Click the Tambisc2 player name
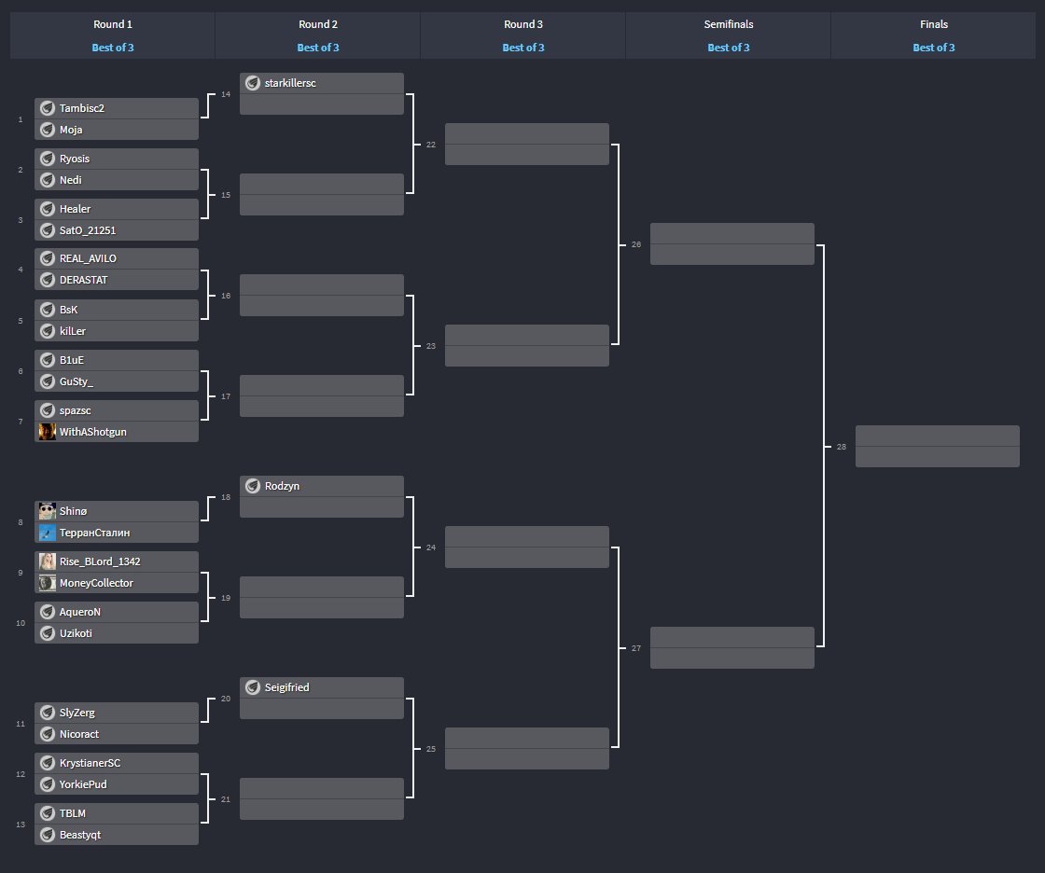[82, 108]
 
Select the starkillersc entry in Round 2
[290, 83]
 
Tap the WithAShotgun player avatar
[48, 432]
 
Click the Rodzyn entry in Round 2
[282, 486]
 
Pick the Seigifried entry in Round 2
[286, 687]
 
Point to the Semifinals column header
[729, 24]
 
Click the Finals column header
[934, 24]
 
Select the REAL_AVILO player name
[88, 258]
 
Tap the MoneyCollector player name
[96, 583]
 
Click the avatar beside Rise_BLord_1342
[48, 561]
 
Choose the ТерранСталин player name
[94, 533]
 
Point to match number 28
[842, 448]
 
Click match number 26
[636, 244]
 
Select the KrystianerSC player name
[90, 763]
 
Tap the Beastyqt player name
[80, 835]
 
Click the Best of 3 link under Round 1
[113, 48]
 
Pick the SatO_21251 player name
[88, 230]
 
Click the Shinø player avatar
[48, 511]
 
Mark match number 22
[430, 145]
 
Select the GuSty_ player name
[77, 381]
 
